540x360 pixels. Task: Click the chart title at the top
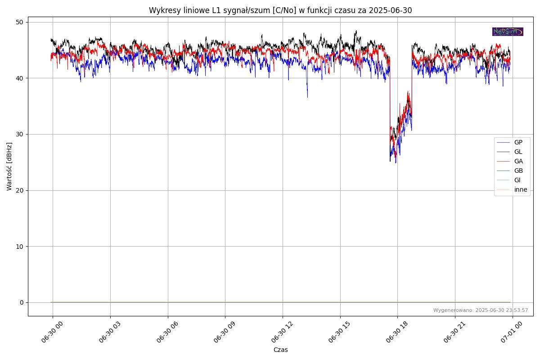click(280, 10)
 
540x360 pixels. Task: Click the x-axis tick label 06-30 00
click(50, 333)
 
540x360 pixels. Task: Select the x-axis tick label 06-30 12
click(280, 333)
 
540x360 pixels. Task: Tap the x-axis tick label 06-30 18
click(395, 333)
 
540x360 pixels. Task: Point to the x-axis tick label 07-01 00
click(510, 333)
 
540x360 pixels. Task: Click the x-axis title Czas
click(280, 350)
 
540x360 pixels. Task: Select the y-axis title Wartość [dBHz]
click(9, 166)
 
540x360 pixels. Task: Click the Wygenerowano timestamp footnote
click(481, 310)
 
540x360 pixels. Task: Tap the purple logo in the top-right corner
click(508, 31)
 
